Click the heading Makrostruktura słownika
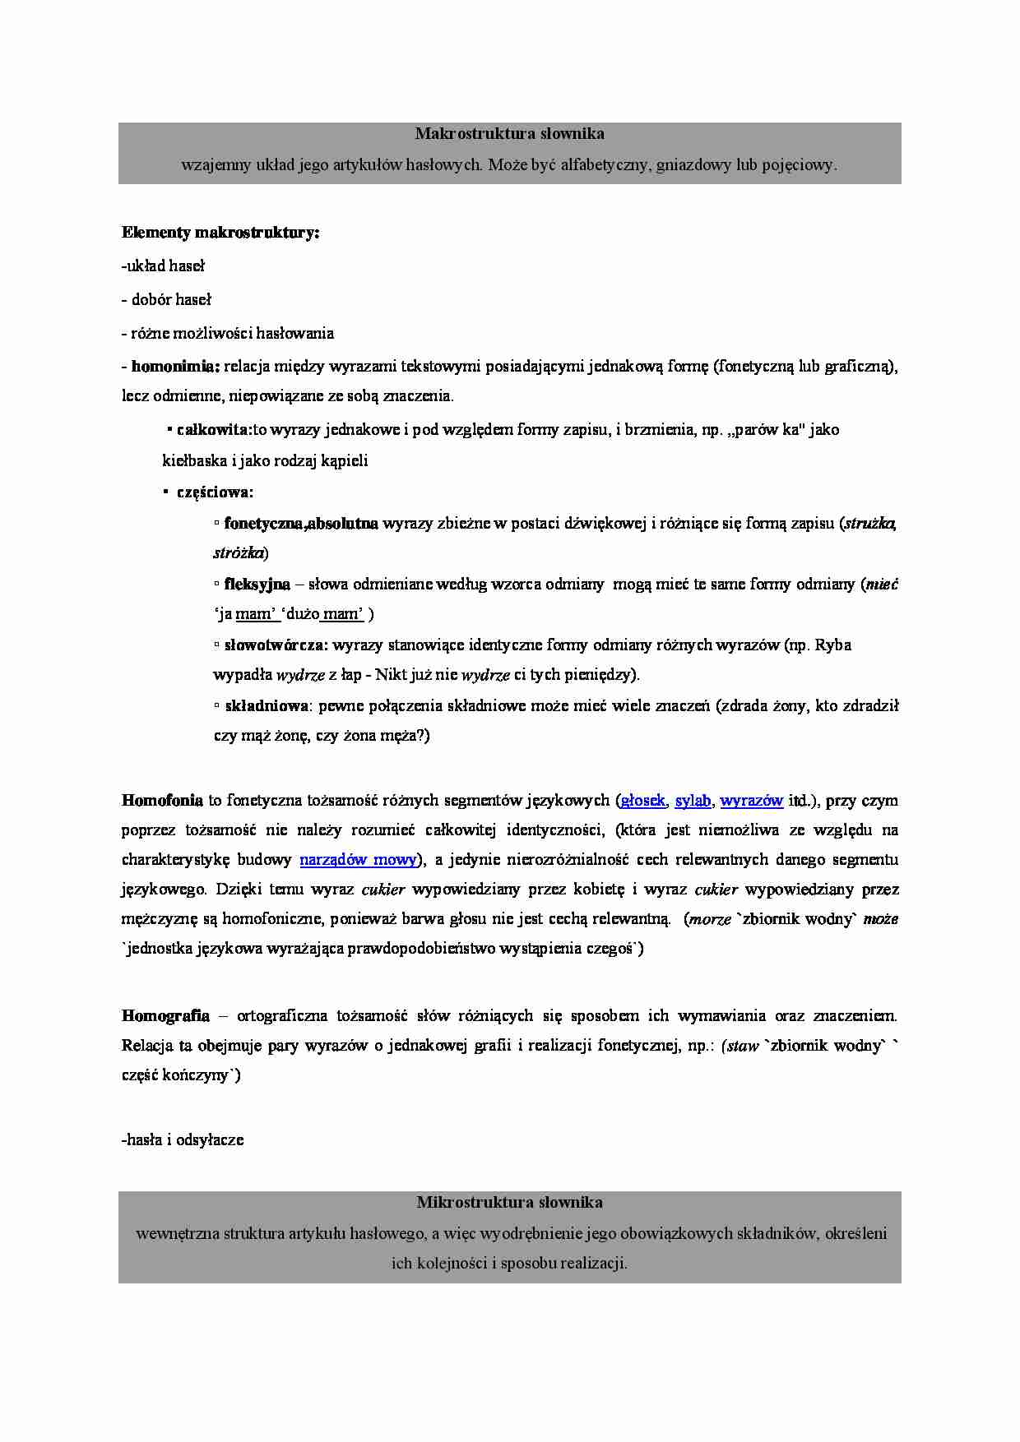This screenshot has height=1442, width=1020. click(509, 133)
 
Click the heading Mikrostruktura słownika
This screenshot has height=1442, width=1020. click(509, 1202)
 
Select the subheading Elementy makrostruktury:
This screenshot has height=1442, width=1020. click(220, 233)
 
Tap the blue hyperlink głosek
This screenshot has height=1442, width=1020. click(642, 800)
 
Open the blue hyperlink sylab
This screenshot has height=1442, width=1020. click(693, 800)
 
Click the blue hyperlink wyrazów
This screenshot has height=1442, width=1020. click(751, 800)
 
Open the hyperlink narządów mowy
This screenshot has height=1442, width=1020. click(358, 860)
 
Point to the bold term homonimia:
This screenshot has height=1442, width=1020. click(175, 366)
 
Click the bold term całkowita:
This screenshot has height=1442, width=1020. click(214, 429)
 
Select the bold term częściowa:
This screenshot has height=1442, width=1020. click(216, 492)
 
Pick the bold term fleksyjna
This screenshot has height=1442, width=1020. click(257, 584)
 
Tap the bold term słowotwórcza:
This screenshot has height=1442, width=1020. click(276, 645)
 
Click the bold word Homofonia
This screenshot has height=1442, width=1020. click(162, 800)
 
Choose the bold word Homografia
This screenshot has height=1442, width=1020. click(165, 1015)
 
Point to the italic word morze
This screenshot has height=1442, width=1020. click(710, 919)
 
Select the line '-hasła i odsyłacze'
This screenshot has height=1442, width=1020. click(183, 1140)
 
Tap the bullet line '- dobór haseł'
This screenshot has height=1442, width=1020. click(167, 299)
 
